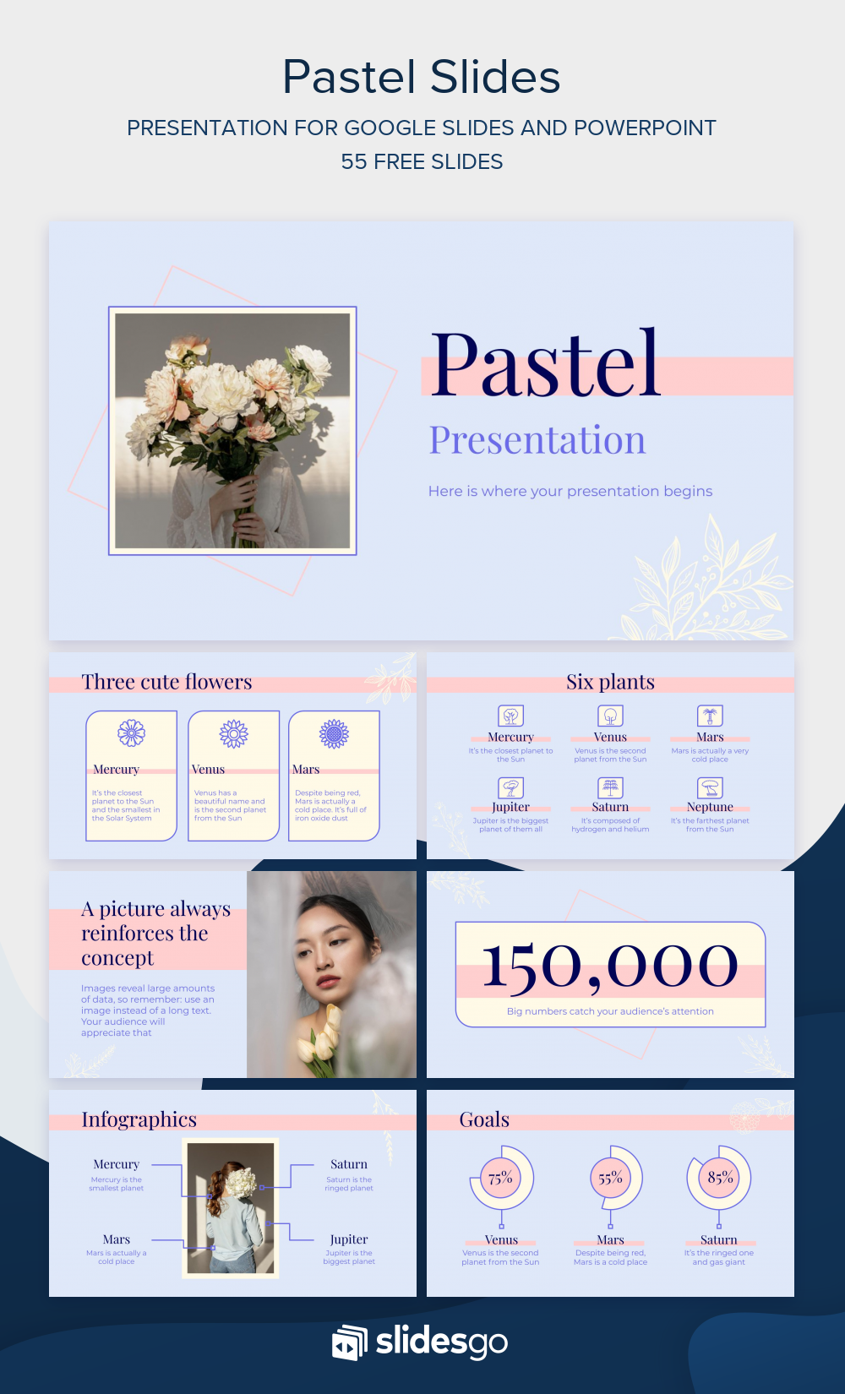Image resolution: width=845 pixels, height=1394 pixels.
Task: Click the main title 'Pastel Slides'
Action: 422,77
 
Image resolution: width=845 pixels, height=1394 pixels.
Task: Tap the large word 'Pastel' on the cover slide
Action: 545,364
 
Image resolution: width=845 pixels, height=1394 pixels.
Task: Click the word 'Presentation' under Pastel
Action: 537,440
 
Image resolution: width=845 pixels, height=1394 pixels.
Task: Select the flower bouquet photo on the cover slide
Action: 232,431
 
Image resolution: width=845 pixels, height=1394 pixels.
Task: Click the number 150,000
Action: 610,966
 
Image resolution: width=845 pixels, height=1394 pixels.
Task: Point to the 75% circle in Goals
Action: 500,1178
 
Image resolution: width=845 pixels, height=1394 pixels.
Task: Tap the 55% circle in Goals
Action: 610,1178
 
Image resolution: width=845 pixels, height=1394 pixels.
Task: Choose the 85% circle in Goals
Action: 720,1178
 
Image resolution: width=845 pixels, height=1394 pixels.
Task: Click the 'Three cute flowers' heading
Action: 166,682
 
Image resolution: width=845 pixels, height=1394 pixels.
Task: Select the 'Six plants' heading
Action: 610,682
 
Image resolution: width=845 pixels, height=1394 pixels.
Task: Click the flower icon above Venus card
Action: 233,733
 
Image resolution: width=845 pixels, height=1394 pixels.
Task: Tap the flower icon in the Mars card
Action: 334,733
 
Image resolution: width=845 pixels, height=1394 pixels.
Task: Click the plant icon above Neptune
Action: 710,787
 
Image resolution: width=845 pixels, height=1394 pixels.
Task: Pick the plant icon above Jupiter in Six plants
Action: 510,787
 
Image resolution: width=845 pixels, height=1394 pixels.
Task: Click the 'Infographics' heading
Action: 139,1119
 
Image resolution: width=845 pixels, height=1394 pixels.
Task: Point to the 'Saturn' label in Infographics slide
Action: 348,1164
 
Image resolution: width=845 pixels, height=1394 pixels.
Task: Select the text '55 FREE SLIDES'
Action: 422,161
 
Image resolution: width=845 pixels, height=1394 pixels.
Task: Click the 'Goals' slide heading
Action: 484,1119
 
